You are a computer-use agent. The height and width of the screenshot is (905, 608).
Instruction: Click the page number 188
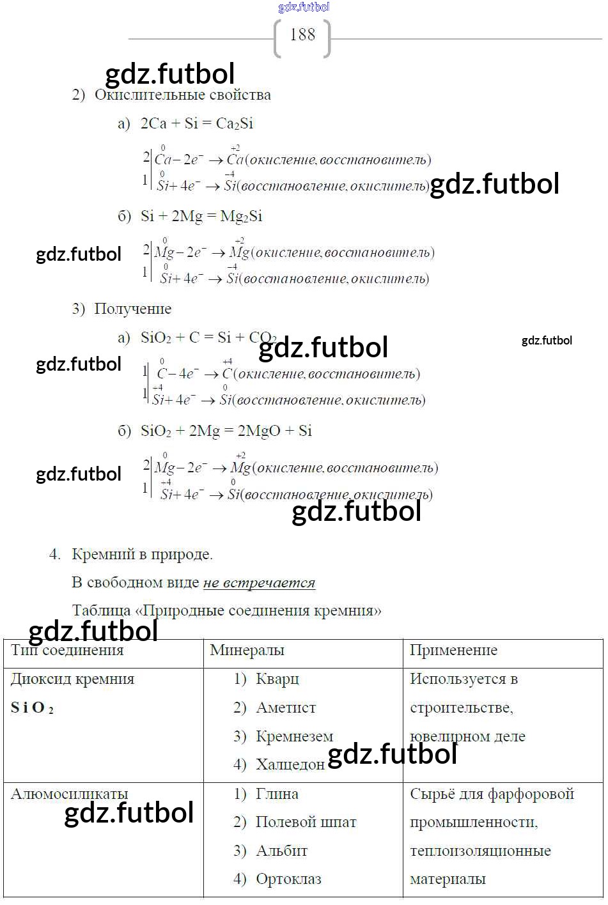302,35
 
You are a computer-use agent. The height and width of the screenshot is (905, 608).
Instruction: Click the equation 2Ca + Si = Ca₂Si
196,124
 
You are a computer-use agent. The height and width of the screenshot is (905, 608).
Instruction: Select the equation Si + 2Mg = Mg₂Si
201,217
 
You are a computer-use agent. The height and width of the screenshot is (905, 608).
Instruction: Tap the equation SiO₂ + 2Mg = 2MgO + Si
226,431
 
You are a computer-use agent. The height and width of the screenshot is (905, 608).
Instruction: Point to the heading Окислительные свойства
182,95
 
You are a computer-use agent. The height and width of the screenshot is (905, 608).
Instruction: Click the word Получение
132,309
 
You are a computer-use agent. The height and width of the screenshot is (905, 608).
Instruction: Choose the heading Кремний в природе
141,555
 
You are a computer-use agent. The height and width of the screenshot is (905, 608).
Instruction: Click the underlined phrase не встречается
259,583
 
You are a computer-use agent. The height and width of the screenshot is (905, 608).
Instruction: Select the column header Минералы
247,651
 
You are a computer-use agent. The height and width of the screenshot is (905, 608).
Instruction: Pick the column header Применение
453,651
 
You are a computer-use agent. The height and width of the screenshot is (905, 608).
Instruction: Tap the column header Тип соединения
67,651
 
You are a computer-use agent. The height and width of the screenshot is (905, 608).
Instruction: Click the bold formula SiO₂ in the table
32,708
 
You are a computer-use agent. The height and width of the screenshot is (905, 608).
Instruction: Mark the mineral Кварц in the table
277,679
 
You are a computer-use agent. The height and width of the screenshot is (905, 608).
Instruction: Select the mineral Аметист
285,708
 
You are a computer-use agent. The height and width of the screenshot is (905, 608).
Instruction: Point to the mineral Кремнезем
294,737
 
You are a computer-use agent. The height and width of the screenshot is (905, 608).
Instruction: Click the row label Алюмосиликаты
69,794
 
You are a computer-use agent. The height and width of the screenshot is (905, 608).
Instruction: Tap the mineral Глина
277,794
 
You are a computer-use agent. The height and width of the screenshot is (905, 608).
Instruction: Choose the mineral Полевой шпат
306,823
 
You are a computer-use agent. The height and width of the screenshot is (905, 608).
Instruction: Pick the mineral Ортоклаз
288,879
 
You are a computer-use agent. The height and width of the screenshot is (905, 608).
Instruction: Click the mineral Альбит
281,851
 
